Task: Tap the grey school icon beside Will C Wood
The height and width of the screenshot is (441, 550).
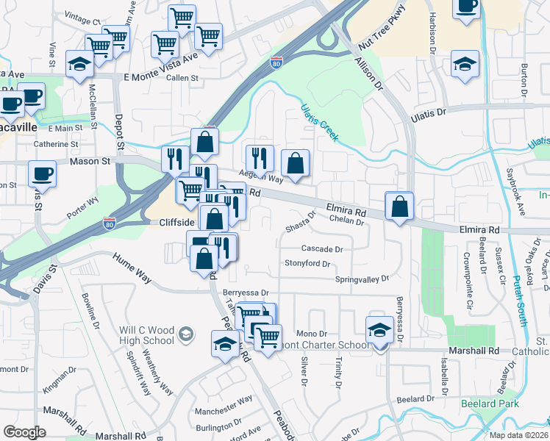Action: (186, 335)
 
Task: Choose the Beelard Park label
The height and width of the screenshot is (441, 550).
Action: (490, 404)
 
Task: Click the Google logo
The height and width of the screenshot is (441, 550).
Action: (24, 431)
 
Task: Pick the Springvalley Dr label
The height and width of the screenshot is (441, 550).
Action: (361, 279)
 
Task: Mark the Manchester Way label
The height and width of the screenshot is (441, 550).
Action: (224, 399)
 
